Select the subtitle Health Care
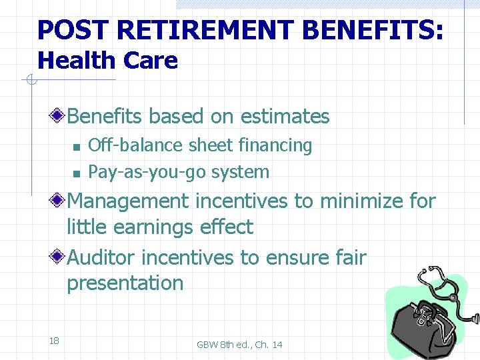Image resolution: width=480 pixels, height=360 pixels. (x=107, y=61)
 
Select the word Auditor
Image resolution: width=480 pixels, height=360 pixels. (x=102, y=257)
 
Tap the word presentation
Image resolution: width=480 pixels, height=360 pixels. (x=125, y=283)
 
